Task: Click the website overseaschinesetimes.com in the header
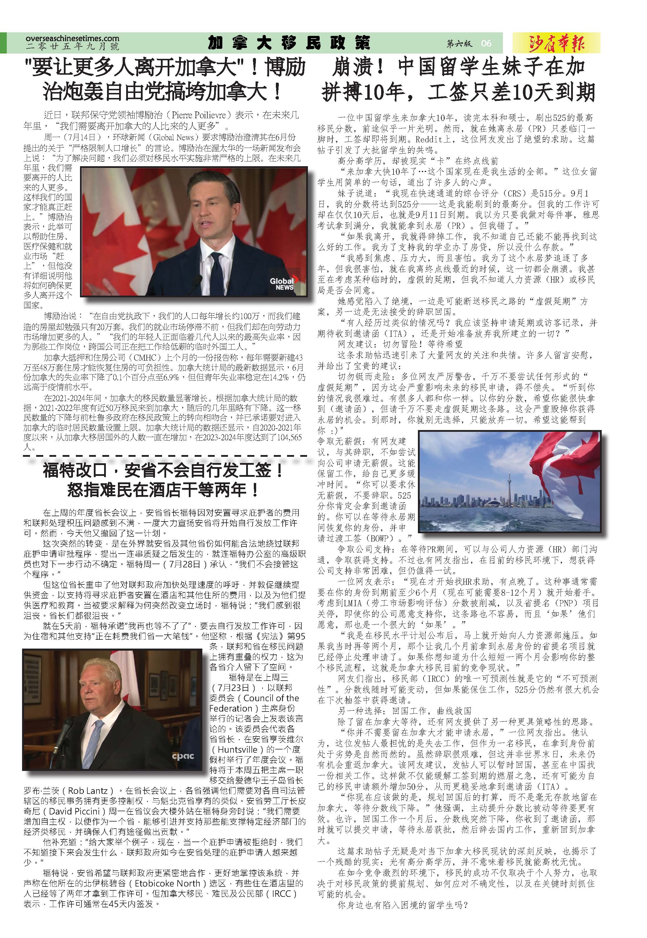click(72, 39)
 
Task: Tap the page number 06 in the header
click(486, 43)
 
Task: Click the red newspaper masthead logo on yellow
click(556, 43)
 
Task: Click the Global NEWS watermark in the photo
click(283, 283)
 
